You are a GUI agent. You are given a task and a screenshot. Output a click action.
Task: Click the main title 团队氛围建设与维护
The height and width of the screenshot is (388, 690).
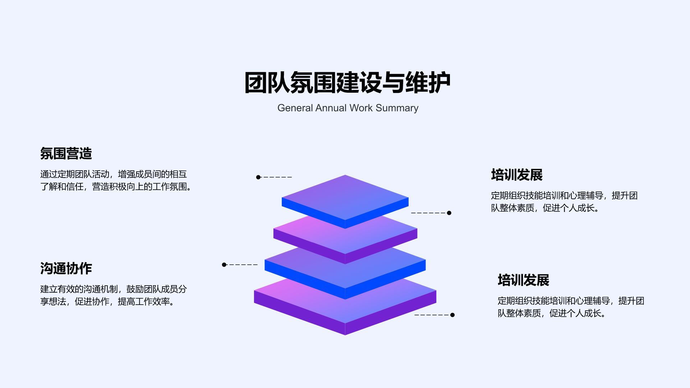347,83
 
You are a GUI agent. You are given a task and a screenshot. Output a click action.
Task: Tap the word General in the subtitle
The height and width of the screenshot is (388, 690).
295,108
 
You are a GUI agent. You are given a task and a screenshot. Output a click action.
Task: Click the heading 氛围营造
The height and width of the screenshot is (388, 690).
66,154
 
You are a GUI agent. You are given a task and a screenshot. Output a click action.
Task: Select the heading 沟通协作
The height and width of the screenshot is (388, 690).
66,269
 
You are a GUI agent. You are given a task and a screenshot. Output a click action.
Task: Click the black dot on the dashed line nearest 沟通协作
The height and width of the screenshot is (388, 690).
224,265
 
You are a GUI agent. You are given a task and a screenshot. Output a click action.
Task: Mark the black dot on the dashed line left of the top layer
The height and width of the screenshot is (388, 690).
258,177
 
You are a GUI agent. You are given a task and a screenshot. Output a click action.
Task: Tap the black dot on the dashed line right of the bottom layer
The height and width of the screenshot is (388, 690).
452,315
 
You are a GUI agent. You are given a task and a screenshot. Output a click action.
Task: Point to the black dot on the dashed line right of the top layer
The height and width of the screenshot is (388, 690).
449,213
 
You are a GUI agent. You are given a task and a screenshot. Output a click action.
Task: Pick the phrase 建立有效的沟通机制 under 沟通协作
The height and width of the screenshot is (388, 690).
79,289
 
